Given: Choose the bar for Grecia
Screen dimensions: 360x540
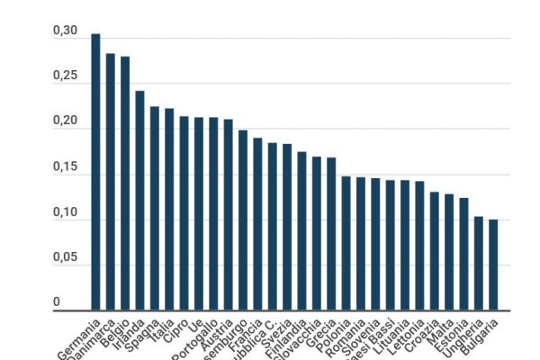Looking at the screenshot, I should pyautogui.click(x=331, y=234).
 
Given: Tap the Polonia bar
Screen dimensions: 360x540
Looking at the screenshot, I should pyautogui.click(x=346, y=243).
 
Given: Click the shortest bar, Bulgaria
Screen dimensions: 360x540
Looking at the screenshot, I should pyautogui.click(x=493, y=265).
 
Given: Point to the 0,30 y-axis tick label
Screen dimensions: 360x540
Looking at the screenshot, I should pyautogui.click(x=64, y=31).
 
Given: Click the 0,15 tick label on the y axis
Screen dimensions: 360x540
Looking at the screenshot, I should pyautogui.click(x=64, y=166).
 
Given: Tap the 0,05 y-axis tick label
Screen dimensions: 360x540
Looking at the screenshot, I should pyautogui.click(x=64, y=257).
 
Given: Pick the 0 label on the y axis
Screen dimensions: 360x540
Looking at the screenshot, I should pyautogui.click(x=56, y=302).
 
